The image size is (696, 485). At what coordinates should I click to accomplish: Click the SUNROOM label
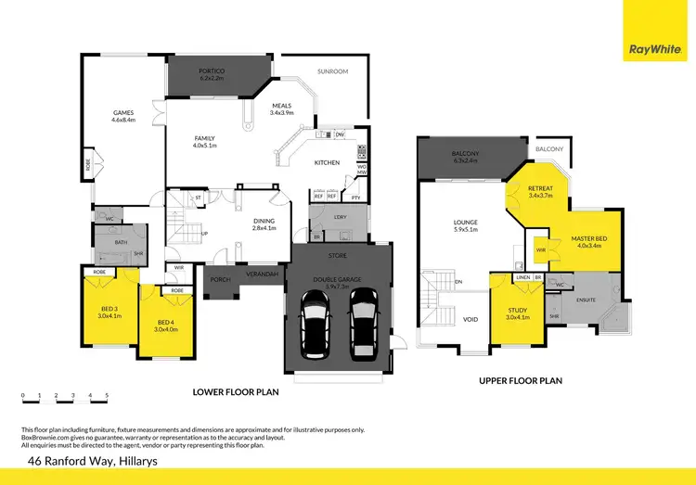point(331,70)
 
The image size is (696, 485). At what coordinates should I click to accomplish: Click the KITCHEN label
point(327,162)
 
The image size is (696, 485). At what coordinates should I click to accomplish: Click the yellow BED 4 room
point(167,325)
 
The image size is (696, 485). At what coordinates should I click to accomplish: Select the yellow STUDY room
point(517,313)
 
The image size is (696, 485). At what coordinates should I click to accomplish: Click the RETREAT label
point(539,192)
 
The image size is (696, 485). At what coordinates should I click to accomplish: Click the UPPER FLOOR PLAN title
point(521,380)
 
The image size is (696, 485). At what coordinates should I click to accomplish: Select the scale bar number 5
point(107,396)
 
